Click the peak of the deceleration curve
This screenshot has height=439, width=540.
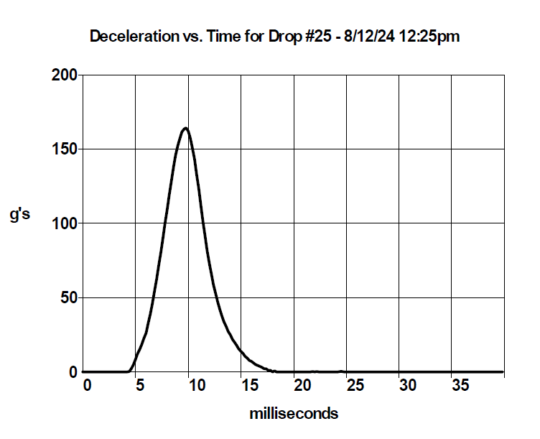coord(186,128)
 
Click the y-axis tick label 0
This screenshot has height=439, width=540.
coord(73,372)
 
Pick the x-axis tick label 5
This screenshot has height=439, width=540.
coord(140,386)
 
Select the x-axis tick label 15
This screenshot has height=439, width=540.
coord(248,386)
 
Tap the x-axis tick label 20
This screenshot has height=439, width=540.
coord(302,386)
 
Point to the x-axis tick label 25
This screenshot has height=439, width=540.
coord(355,386)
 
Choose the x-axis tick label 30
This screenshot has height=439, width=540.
coord(408,386)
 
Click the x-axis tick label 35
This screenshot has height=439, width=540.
coord(460,386)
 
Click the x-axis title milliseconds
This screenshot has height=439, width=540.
coord(294,414)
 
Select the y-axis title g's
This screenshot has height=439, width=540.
coord(19,215)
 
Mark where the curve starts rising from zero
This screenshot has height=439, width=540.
coord(129,371)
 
